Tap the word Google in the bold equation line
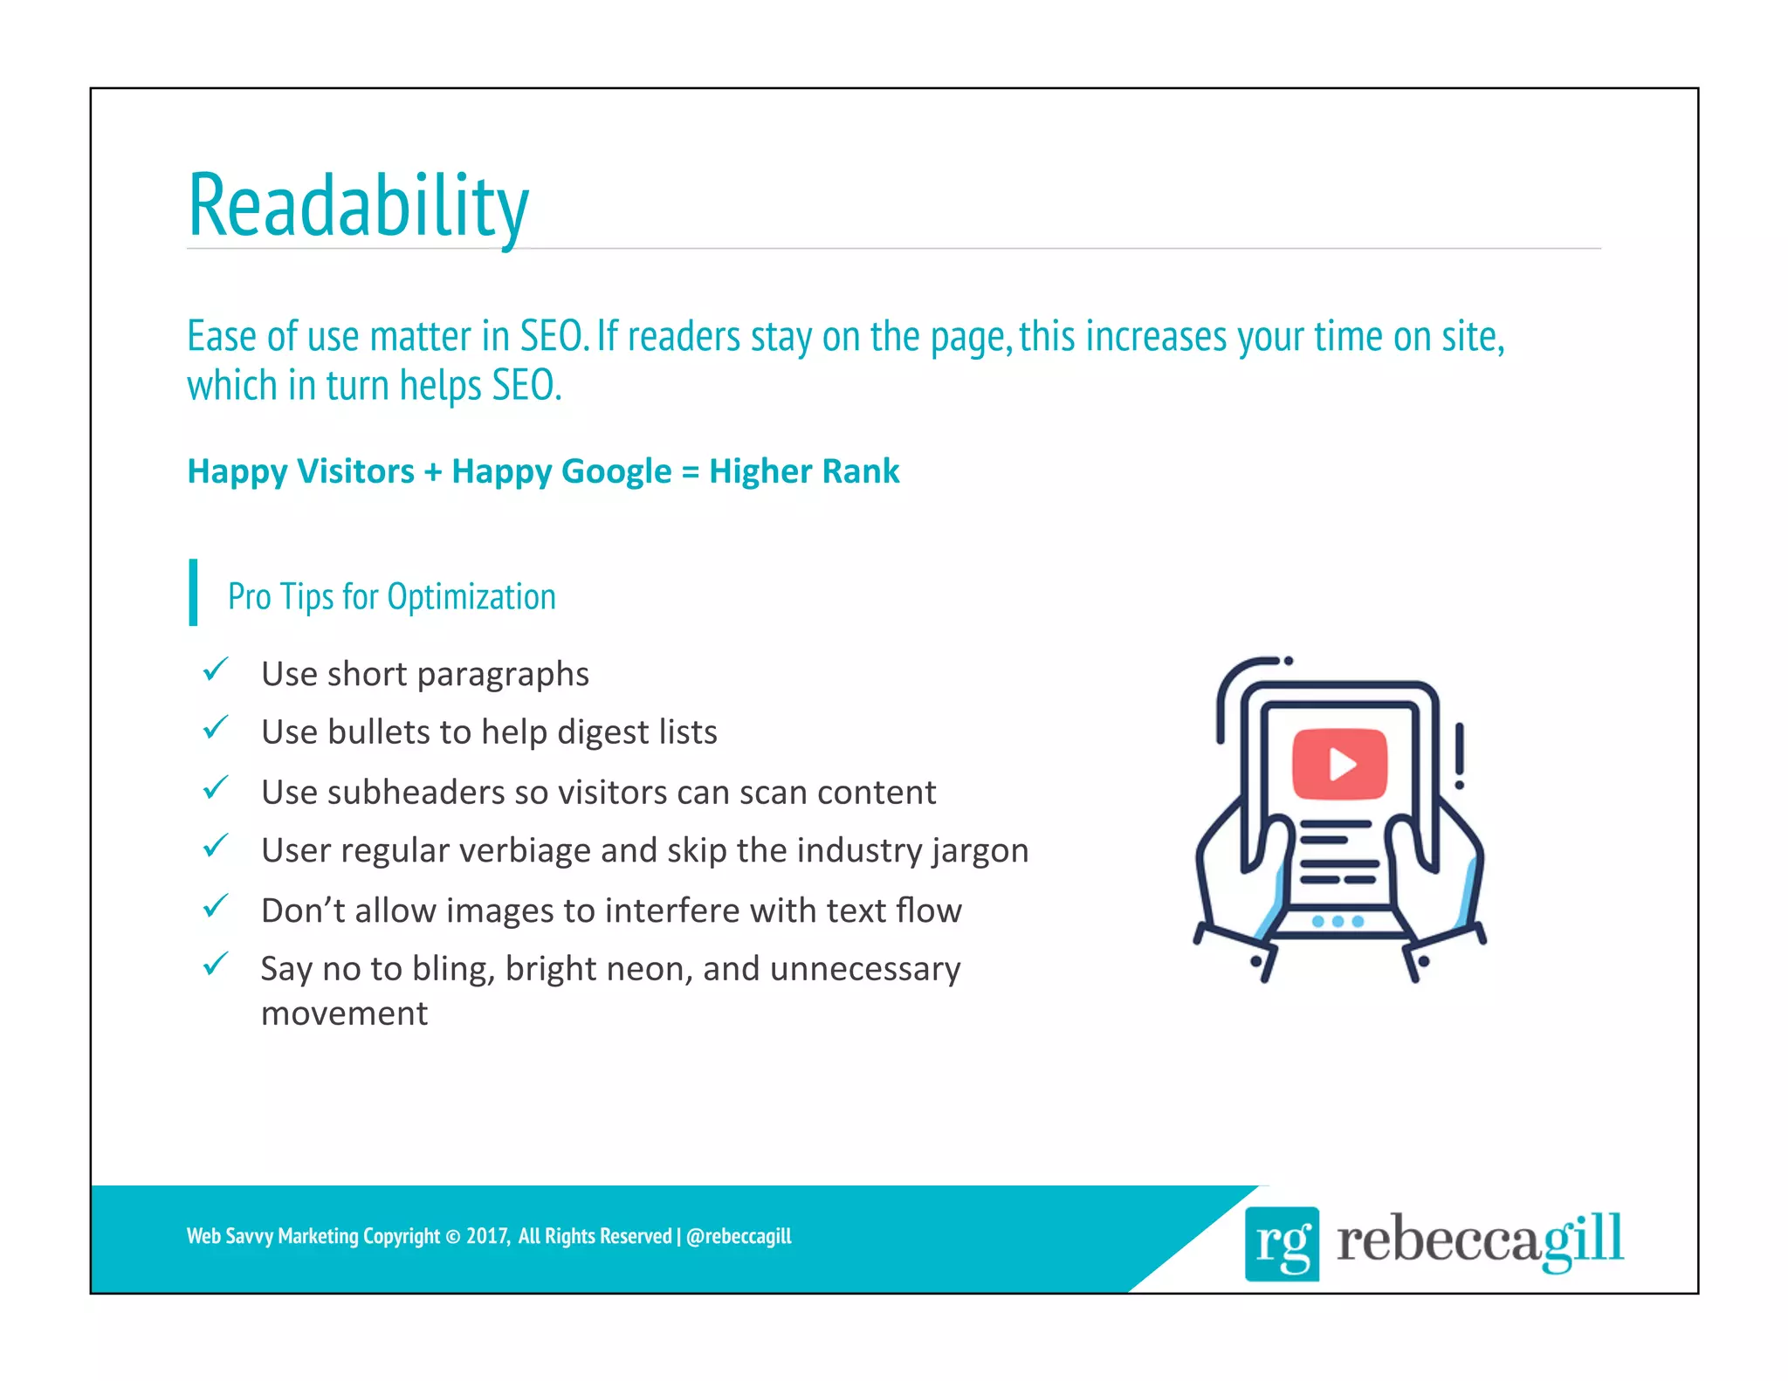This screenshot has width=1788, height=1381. click(617, 472)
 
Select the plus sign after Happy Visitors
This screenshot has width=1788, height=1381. click(433, 472)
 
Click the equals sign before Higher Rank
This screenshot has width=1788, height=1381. click(690, 472)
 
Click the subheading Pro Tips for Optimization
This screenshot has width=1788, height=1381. click(391, 597)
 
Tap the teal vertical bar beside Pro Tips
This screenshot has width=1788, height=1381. click(193, 593)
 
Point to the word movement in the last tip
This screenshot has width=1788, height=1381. click(344, 1013)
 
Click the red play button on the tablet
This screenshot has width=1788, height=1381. click(1339, 764)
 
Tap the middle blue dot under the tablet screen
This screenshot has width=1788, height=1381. click(1338, 922)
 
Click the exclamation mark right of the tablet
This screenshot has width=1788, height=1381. click(1459, 755)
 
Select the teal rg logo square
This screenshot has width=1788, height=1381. click(1282, 1243)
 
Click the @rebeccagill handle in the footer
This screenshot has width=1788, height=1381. click(739, 1236)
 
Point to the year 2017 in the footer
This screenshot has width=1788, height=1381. click(487, 1236)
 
